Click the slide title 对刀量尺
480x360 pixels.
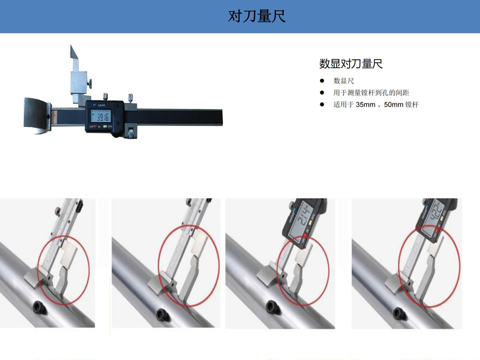click(256, 16)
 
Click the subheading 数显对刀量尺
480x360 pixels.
click(351, 64)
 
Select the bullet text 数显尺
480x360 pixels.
click(344, 81)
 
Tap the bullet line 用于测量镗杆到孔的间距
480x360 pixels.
click(371, 93)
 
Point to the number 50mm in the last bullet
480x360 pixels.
click(394, 105)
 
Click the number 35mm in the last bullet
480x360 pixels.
click(365, 105)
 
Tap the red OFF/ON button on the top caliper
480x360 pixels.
click(95, 126)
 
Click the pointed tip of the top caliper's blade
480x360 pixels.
click(71, 46)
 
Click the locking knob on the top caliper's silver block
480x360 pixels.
click(90, 83)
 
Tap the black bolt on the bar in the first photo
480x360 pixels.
click(40, 307)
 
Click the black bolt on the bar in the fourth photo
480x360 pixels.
click(399, 313)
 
